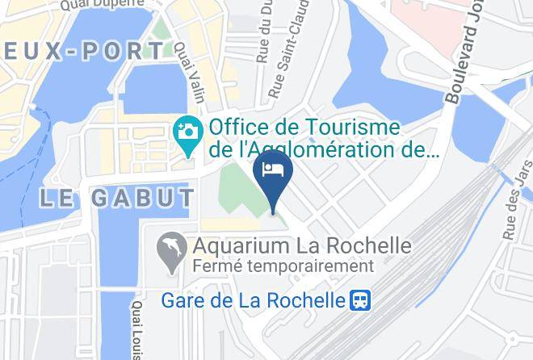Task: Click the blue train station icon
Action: pos(359,301)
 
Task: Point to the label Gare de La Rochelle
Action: pos(254,301)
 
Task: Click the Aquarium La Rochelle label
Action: pos(300,245)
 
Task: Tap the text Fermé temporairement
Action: pos(282,266)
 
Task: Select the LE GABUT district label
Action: pos(116,198)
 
